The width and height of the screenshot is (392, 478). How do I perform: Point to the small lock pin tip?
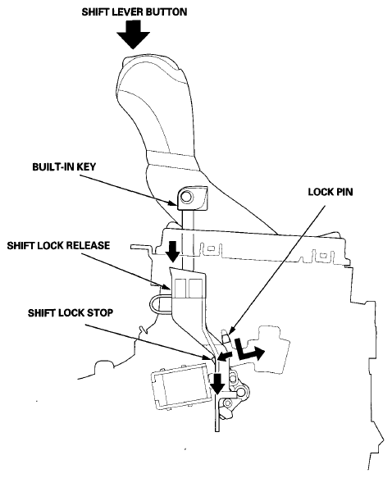(223, 337)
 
